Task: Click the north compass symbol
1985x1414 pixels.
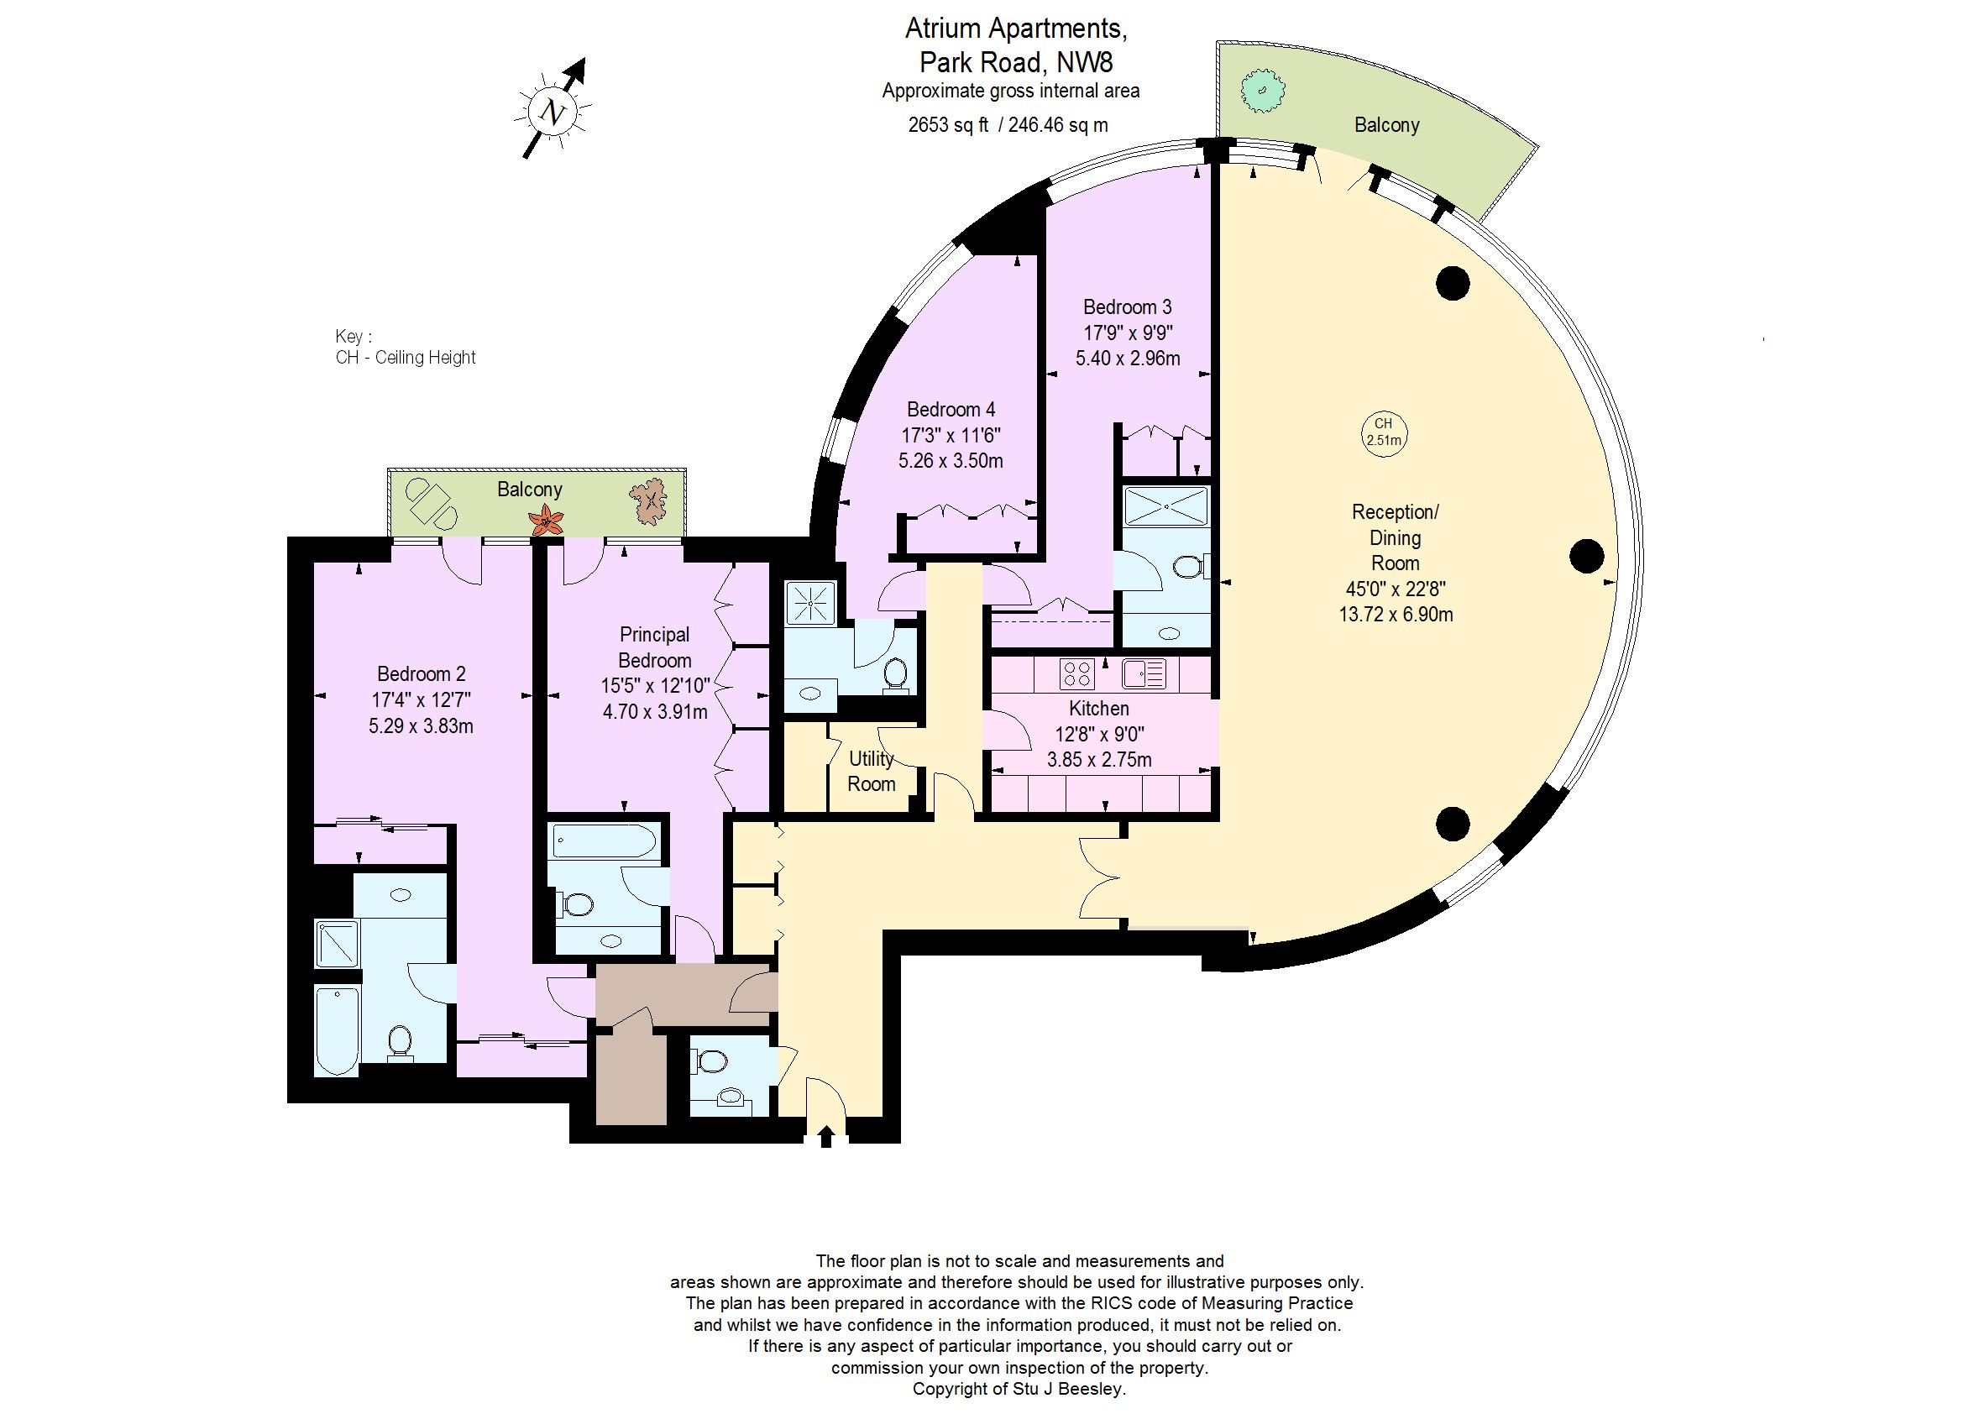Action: click(x=553, y=110)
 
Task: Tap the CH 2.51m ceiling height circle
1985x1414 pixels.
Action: click(x=1384, y=432)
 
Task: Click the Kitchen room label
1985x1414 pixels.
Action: click(x=1098, y=708)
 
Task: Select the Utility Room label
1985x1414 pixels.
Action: click(x=871, y=771)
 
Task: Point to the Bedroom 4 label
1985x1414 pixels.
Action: click(x=951, y=409)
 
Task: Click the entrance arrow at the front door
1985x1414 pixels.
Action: click(x=826, y=1136)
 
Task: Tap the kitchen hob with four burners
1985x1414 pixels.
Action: click(x=1077, y=674)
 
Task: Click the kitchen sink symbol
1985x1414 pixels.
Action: click(x=1143, y=674)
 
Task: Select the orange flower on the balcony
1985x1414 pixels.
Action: click(x=546, y=521)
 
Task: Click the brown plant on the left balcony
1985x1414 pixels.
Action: click(x=648, y=502)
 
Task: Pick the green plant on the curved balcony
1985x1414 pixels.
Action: click(x=1262, y=91)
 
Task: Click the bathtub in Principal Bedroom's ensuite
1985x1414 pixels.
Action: click(x=605, y=842)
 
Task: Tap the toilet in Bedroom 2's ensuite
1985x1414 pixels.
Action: click(x=400, y=1043)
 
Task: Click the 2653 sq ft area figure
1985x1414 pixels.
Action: click(x=948, y=124)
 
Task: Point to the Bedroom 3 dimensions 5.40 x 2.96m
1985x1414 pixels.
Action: click(x=1128, y=358)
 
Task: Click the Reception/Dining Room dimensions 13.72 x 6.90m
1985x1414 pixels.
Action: click(x=1396, y=614)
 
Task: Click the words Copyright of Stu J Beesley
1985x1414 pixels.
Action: click(x=1019, y=1389)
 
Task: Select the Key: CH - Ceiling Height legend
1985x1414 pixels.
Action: click(x=405, y=347)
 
